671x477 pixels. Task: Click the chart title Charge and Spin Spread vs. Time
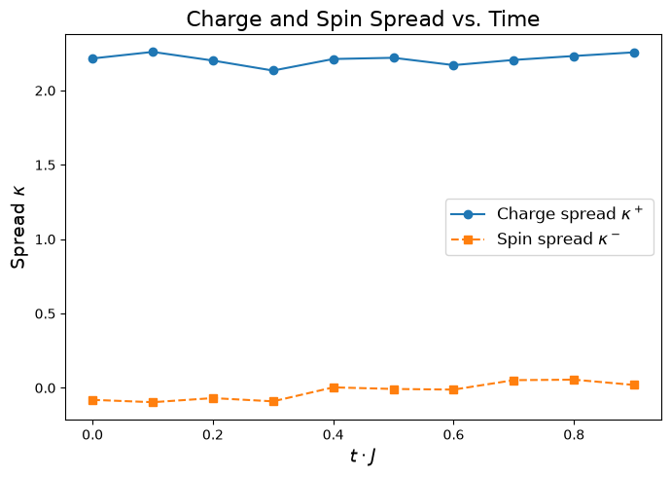(363, 19)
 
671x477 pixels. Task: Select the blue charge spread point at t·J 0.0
(92, 58)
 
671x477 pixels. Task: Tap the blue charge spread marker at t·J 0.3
(273, 71)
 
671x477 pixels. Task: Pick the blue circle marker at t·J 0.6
(453, 65)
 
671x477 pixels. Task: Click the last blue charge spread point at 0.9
(635, 54)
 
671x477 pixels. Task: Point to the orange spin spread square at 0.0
(92, 400)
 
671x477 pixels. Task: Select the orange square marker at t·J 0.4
(334, 388)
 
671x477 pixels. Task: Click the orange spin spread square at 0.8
(575, 380)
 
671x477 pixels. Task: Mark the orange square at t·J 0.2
(213, 399)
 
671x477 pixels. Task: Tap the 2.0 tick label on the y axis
(46, 92)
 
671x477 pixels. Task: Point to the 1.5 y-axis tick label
(46, 165)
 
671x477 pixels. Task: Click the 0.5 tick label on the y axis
(46, 313)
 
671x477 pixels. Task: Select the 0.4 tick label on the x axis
(334, 435)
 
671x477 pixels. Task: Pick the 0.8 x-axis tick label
(574, 435)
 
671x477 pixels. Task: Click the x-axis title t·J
(363, 457)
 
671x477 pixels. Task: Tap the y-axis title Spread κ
(18, 228)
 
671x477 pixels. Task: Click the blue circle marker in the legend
(468, 214)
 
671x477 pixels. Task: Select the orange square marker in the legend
(468, 239)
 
